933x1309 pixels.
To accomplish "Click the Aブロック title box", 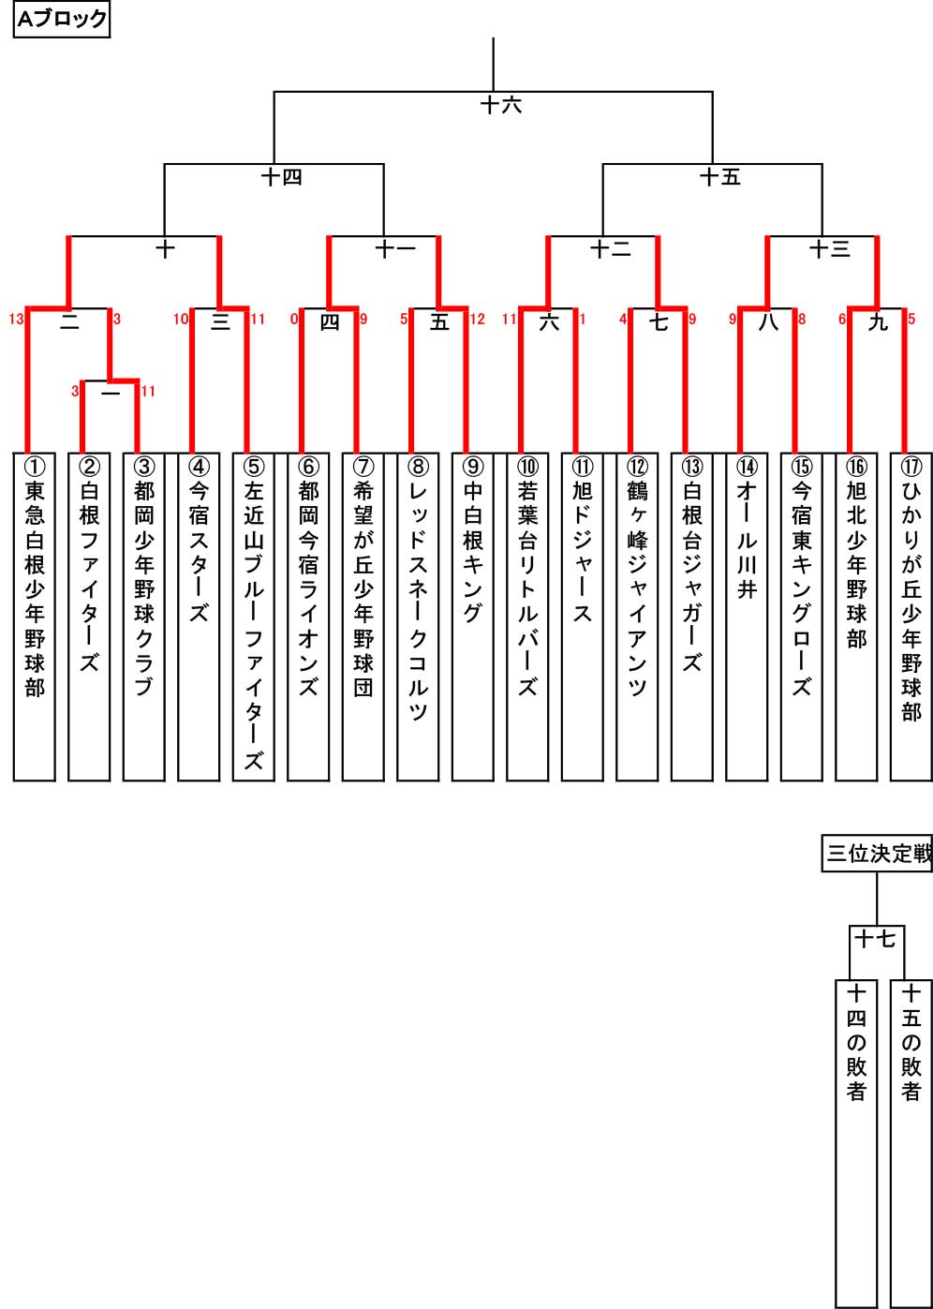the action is [61, 20].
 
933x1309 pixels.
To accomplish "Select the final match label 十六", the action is [500, 105].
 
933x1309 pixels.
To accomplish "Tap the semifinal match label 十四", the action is [282, 177].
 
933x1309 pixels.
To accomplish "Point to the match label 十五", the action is [720, 177].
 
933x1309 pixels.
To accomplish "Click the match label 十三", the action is [830, 249].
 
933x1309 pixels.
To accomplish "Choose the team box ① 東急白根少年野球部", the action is [35, 617].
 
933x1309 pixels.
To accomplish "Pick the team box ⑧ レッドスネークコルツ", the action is [418, 617].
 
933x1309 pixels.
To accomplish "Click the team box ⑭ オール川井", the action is [747, 617].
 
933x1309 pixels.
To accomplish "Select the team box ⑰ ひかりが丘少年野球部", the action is [911, 617].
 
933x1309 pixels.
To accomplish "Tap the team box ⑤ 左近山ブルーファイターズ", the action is [254, 617].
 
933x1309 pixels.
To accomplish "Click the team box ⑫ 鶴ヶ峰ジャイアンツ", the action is [637, 617].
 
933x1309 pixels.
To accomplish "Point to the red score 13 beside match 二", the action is [16, 320].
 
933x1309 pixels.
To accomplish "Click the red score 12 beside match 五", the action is [478, 320].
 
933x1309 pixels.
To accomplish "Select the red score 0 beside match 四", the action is [294, 320].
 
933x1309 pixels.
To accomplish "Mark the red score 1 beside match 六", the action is [583, 320].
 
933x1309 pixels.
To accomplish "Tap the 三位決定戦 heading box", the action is [877, 854].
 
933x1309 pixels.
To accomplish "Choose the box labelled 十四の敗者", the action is [856, 1144].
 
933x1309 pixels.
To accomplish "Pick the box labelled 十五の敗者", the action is [911, 1144].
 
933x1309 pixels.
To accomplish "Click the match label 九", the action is [878, 322].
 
